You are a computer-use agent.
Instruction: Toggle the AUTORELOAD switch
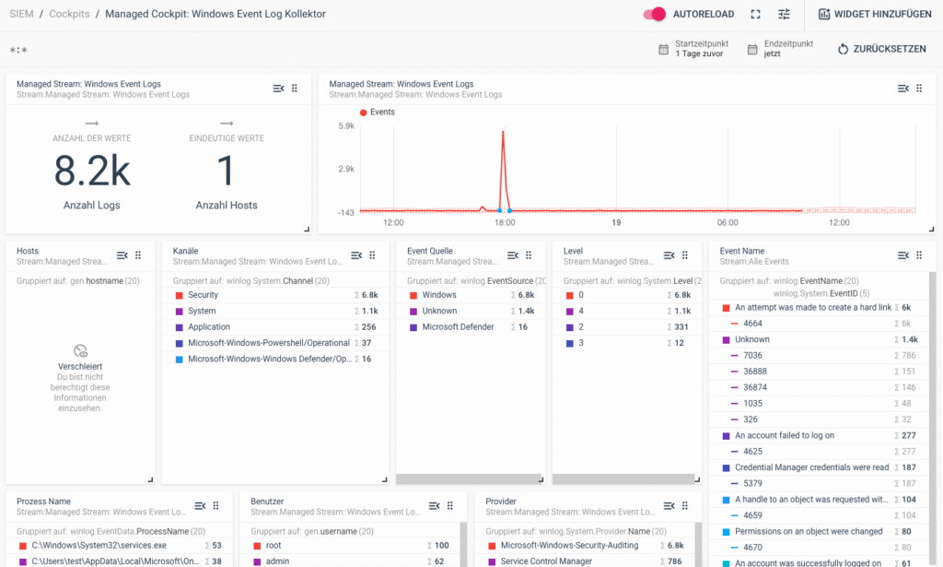[x=655, y=15]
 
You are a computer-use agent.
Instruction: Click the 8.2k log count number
[x=91, y=172]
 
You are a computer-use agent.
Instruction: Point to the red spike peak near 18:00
[x=503, y=132]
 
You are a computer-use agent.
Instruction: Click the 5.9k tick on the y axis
[x=346, y=125]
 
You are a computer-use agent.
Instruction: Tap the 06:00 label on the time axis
[x=728, y=222]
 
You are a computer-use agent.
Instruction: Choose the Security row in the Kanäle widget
[x=203, y=295]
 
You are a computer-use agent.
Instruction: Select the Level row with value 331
[x=582, y=327]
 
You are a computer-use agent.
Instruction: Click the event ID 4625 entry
[x=753, y=451]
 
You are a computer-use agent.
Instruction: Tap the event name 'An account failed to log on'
[x=784, y=435]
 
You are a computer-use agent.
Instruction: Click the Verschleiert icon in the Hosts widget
[x=81, y=350]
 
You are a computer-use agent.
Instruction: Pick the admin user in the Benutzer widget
[x=278, y=561]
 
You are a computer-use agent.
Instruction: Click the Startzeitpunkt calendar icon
[x=664, y=49]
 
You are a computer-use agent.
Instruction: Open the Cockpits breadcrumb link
[x=70, y=15]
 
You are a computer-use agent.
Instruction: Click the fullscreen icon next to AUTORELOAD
[x=756, y=15]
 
